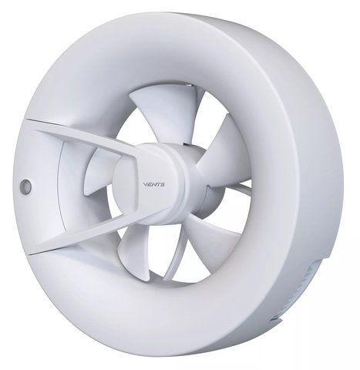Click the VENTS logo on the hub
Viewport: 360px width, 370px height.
(x=154, y=184)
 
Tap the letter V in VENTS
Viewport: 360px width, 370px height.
(x=145, y=184)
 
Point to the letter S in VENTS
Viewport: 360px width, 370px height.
(x=163, y=185)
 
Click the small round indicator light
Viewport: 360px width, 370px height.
(x=25, y=186)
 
